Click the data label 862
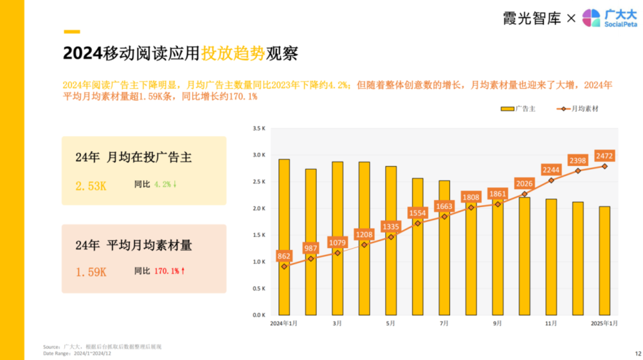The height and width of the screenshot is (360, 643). point(284,255)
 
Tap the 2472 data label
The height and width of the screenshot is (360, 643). point(604,156)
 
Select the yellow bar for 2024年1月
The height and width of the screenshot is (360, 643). point(284,237)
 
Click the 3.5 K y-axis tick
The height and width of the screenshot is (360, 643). point(258,129)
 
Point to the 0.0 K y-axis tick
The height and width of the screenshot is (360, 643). point(258,316)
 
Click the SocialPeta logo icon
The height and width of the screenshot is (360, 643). point(591,18)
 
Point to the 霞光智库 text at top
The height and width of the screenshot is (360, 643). point(532,18)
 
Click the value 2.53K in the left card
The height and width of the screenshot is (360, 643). point(91,186)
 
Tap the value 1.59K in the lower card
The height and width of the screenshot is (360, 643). point(91,272)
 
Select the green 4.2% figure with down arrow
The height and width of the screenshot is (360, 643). point(166,184)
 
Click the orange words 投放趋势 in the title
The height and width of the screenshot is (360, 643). point(233,53)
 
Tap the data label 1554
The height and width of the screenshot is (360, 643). point(417,212)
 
